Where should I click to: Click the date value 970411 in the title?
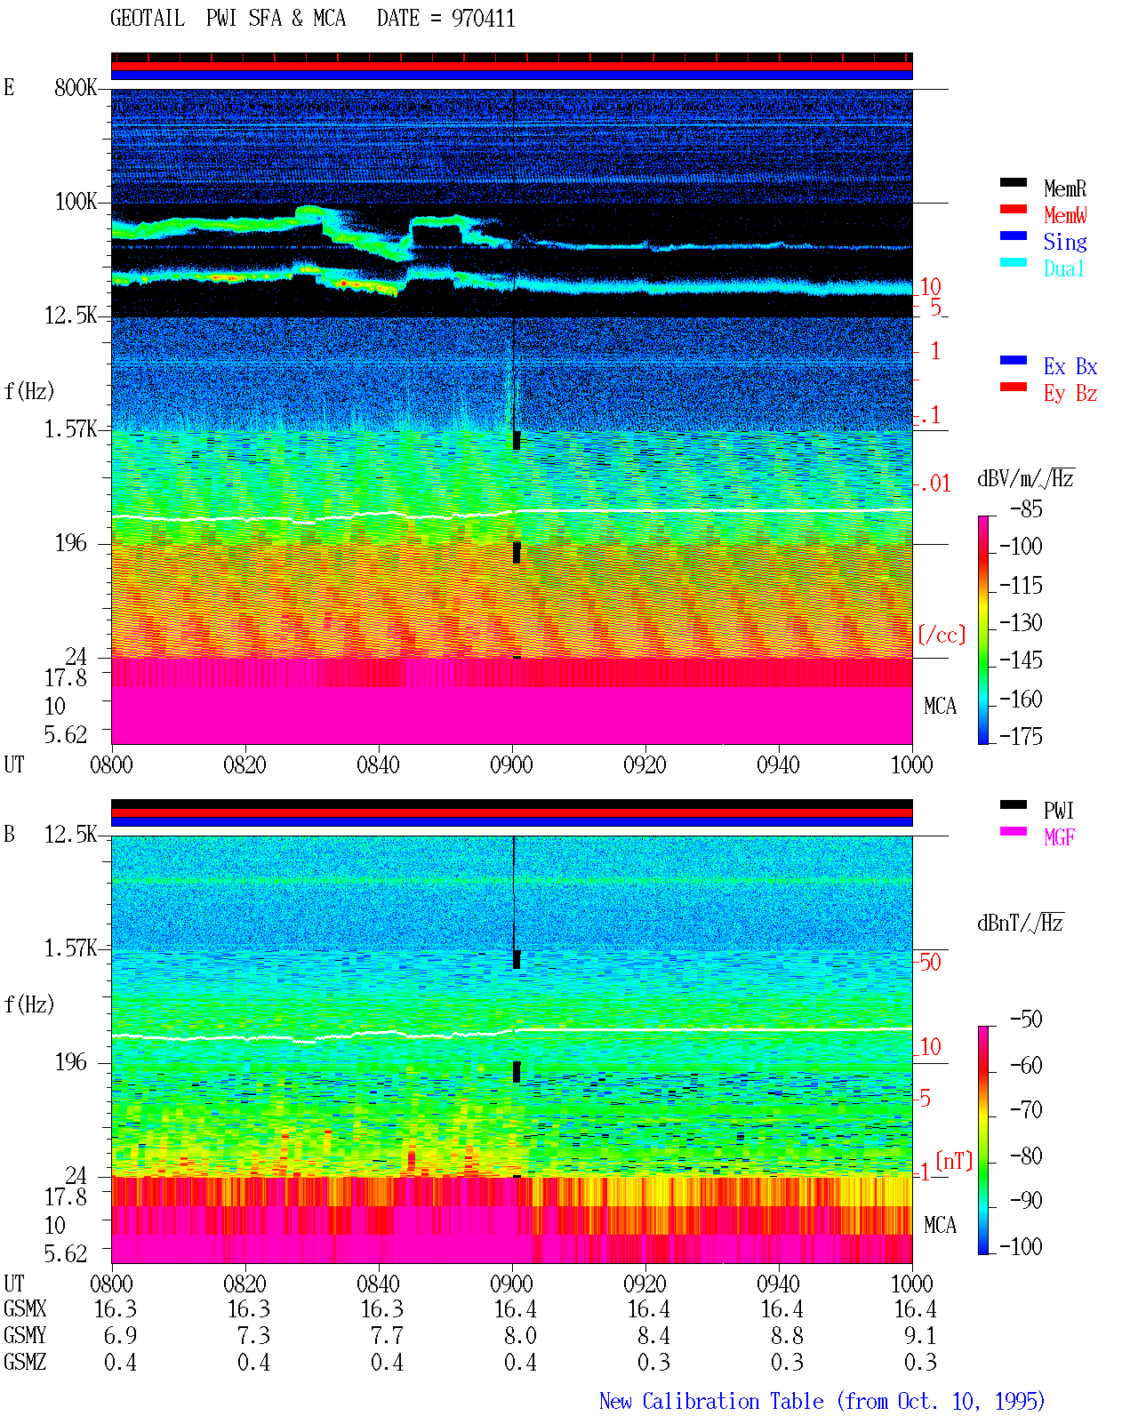483,19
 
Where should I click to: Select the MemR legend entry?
1064,188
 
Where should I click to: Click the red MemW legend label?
1064,215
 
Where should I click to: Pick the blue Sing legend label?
1064,242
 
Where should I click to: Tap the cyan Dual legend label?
1063,268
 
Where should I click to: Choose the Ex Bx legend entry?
1070,366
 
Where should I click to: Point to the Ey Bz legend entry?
1070,394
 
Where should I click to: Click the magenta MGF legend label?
1059,837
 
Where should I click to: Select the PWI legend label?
1058,811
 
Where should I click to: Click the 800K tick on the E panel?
76,87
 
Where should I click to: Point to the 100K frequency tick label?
76,202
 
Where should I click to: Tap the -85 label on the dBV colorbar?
1026,508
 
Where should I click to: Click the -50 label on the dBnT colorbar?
1026,1020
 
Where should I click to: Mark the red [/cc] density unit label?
942,635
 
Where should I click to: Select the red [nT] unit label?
954,1160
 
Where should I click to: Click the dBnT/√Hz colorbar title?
1020,924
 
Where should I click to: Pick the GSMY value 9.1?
920,1336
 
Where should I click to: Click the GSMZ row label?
25,1362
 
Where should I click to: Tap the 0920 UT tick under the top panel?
645,764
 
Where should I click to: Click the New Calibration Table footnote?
821,1401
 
